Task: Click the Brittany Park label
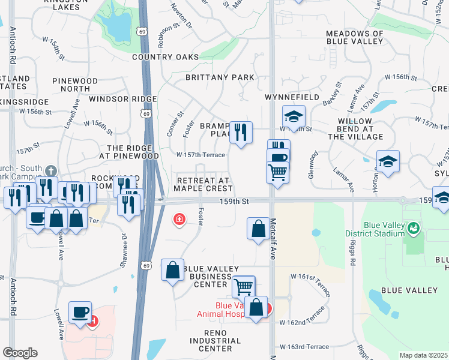point(220,77)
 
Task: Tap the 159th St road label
point(234,202)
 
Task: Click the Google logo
point(20,353)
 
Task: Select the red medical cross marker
point(178,220)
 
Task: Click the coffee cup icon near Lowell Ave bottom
point(80,311)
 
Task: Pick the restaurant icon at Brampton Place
point(241,132)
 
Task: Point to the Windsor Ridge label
point(122,99)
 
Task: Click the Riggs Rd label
point(353,254)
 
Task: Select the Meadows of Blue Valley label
point(354,37)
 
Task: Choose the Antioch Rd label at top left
point(12,46)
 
